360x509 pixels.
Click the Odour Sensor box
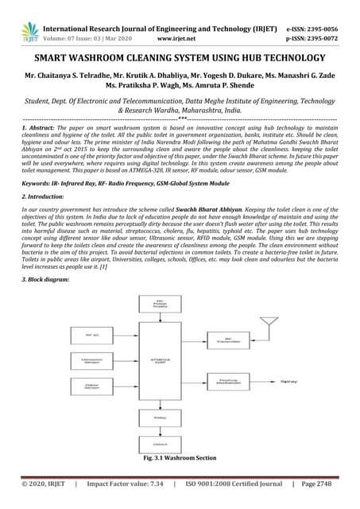click(92, 388)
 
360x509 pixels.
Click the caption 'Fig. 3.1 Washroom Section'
click(180, 459)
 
